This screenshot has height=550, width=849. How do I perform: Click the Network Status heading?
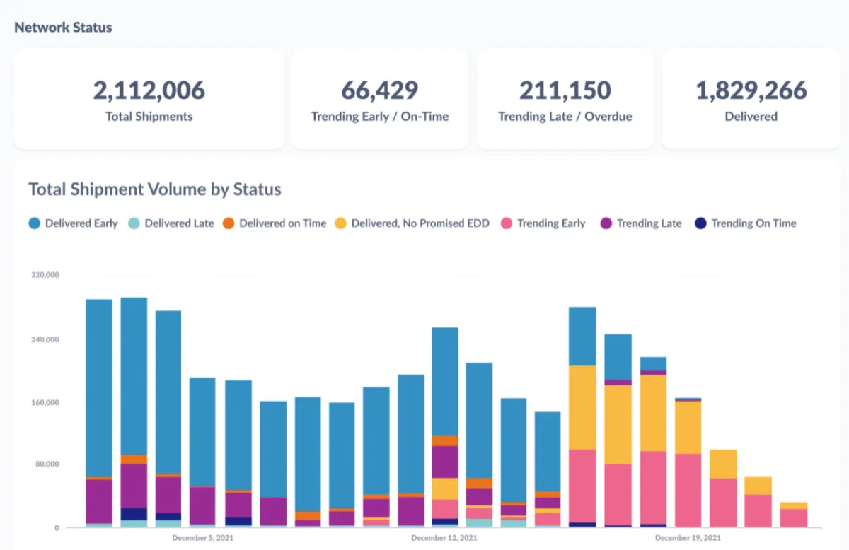tap(63, 28)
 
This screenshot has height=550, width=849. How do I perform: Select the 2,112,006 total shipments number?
tap(149, 90)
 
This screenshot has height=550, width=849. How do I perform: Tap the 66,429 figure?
tap(380, 90)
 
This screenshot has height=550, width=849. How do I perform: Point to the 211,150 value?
tap(565, 90)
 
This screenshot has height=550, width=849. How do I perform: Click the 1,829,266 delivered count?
tap(751, 90)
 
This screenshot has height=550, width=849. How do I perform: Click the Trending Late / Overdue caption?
tap(565, 117)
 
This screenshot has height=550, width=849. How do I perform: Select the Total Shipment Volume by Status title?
tap(155, 189)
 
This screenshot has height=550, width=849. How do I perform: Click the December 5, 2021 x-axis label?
tap(202, 538)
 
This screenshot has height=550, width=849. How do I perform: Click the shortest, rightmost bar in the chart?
tap(793, 515)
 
